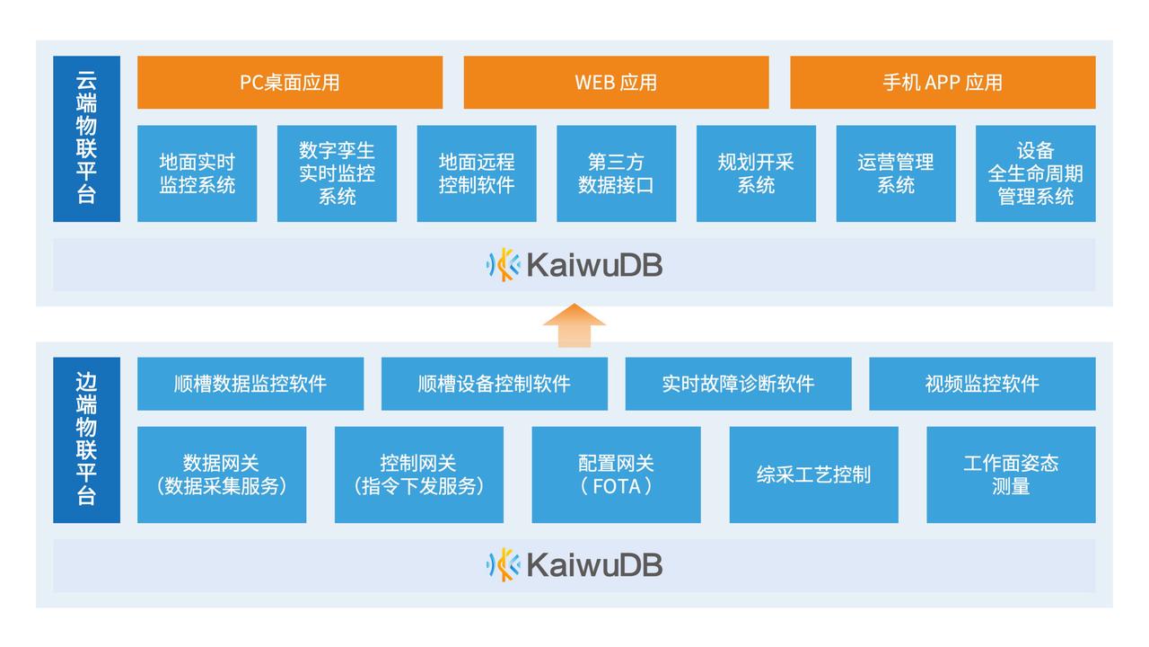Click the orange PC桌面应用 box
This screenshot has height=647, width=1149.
coord(289,82)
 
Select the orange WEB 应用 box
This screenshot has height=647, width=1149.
coord(616,82)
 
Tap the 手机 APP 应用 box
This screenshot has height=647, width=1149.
coord(943,82)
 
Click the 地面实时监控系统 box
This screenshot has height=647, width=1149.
coord(197,173)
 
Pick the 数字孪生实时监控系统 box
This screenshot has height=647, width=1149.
coord(337,173)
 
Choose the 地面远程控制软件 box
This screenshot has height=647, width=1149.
coord(477,173)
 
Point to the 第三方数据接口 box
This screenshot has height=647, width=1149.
coord(616,173)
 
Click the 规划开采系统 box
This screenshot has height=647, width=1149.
coord(756,173)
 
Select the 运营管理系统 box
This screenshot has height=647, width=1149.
coord(896,173)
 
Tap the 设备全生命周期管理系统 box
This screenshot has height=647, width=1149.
coord(1035,173)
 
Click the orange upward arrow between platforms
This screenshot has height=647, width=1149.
coord(574,324)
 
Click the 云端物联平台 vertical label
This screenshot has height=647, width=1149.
coord(86,138)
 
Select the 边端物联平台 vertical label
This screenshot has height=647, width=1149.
coord(86,439)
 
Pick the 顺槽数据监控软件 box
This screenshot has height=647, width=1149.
coord(250,384)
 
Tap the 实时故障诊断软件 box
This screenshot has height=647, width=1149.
coord(738,384)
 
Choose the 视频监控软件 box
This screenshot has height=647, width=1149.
coord(982,384)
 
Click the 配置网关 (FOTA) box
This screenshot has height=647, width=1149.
coord(616,474)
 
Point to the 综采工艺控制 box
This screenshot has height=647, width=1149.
coord(813,474)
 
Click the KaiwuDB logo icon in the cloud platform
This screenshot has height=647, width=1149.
coord(504,265)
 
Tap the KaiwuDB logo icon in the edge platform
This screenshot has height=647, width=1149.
coord(504,565)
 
